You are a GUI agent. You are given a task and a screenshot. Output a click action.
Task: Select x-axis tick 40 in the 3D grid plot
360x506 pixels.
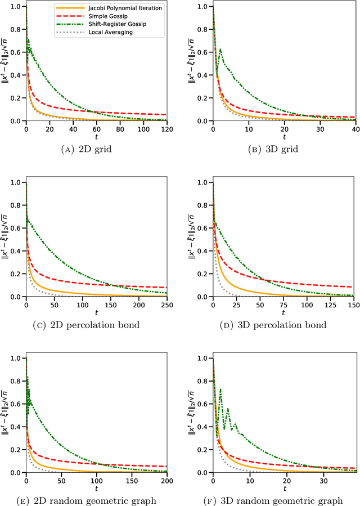tap(353, 128)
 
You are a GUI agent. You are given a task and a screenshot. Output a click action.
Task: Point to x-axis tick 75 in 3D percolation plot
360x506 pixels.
tap(283, 305)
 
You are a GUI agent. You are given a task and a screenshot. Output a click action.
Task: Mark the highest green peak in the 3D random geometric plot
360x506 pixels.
tap(220, 389)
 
